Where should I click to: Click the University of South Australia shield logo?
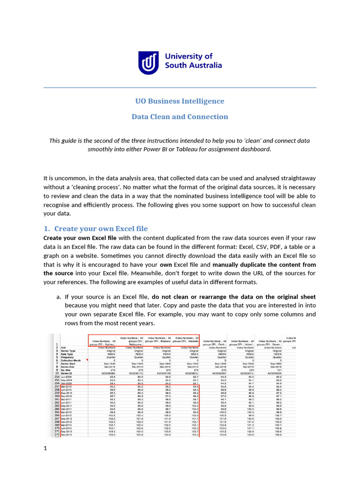coord(148,62)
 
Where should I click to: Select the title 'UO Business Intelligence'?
coord(180,101)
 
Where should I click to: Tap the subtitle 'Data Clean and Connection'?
coord(180,117)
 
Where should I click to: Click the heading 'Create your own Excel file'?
coord(101,229)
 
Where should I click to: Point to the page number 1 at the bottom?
coord(45,449)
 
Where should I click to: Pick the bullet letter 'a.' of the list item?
coord(59,297)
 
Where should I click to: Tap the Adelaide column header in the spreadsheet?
coord(186,340)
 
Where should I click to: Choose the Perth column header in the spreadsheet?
coord(215,342)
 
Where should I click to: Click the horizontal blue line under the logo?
coord(180,88)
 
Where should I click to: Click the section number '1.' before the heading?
coord(46,229)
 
